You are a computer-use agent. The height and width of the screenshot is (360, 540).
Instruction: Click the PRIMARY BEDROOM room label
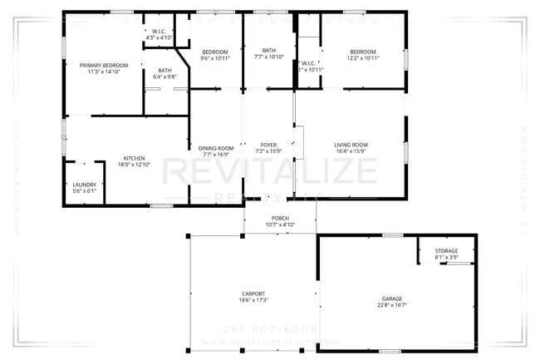[104, 64]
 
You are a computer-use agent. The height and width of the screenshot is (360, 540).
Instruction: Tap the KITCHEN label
[135, 158]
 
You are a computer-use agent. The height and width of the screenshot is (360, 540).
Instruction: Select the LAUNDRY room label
[85, 185]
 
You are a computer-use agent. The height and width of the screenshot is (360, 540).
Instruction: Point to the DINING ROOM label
[215, 148]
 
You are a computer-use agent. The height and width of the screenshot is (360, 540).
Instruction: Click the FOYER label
[268, 145]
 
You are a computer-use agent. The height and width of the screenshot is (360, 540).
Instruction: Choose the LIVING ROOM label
[350, 145]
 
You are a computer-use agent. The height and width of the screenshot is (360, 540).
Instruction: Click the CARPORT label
[253, 293]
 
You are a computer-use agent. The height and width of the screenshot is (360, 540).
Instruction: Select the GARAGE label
[391, 298]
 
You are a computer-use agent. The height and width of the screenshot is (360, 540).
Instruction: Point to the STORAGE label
[446, 251]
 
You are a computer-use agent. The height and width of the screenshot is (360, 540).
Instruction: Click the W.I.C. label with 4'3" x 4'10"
[159, 32]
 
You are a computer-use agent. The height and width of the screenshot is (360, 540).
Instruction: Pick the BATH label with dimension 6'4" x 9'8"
[164, 70]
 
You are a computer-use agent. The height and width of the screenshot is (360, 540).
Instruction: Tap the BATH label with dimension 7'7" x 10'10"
[268, 50]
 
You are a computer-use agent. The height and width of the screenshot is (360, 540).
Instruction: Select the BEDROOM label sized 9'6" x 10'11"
[215, 52]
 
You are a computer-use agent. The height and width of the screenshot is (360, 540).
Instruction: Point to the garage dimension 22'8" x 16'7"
[391, 304]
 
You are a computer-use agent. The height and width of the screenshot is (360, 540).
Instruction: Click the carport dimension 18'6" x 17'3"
[253, 300]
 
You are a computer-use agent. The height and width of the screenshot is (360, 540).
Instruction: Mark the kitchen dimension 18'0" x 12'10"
[135, 165]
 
